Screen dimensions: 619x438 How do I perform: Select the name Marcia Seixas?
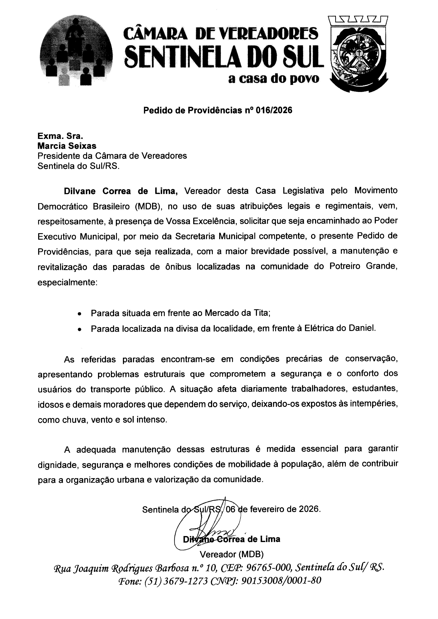tap(67, 146)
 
